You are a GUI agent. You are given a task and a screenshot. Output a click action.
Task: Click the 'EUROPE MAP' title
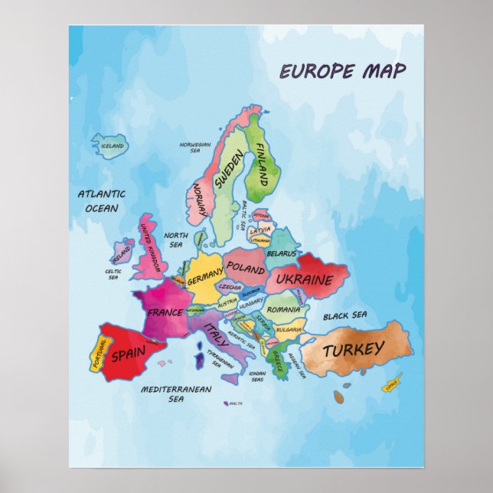pos(342,71)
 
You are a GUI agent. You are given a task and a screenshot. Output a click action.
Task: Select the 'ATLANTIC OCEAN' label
pos(101,201)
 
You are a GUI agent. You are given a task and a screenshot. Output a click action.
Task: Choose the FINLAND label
pos(263,165)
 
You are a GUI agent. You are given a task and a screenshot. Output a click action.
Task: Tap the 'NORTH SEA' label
pos(175,240)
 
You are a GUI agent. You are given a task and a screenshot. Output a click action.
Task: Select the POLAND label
pos(245,269)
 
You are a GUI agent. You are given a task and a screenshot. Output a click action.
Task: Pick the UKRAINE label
pos(304,279)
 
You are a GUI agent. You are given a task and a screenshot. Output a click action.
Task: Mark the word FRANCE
pos(165,312)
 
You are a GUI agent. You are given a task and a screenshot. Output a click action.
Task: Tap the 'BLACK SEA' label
pos(344,315)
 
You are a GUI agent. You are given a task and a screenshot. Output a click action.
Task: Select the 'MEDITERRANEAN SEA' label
pos(176,393)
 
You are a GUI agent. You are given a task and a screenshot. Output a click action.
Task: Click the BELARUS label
pos(281,253)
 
